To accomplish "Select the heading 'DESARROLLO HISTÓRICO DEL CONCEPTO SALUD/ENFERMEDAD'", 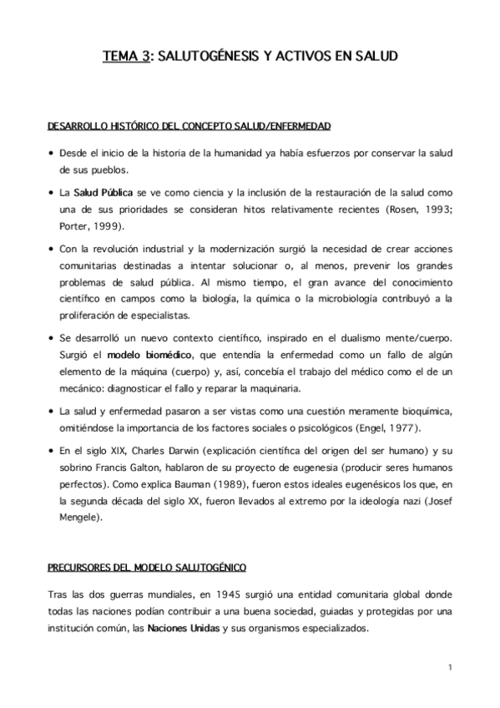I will pos(189,125).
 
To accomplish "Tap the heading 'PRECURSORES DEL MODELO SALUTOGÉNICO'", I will pos(146,568).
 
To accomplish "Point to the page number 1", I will pos(449,667).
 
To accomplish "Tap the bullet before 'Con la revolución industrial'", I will pos(52,250).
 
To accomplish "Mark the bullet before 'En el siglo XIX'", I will pos(52,452).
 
